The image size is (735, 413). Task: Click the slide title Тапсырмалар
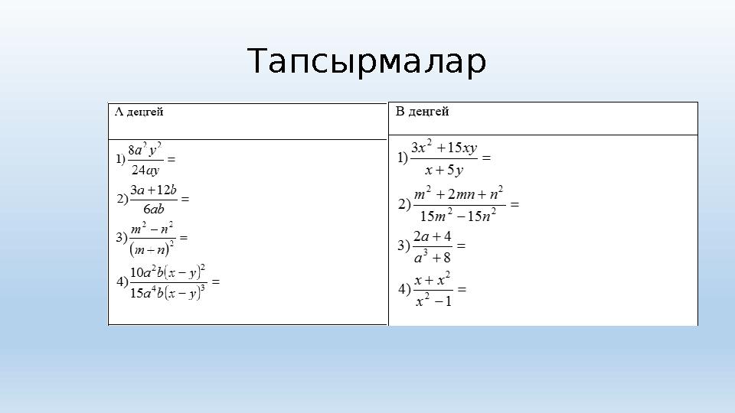tap(367, 63)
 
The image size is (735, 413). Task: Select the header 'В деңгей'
tap(423, 112)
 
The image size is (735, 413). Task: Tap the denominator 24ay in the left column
tap(145, 170)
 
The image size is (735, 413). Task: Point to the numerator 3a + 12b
tap(154, 190)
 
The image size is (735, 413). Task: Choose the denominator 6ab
tap(154, 208)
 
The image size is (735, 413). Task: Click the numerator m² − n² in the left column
tap(152, 228)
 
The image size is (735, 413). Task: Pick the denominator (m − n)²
tap(152, 248)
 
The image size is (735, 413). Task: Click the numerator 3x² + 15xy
tap(444, 147)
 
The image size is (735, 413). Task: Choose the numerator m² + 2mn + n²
tap(458, 193)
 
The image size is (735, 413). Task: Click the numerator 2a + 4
tap(433, 236)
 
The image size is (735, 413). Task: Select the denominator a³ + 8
tap(433, 257)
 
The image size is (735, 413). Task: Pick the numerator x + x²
tap(433, 279)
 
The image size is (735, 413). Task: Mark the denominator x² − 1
tap(433, 301)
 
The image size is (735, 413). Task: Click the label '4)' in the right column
tap(404, 289)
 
